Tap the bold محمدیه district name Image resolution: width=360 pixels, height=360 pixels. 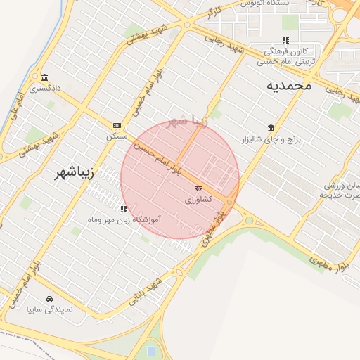pyautogui.click(x=288, y=85)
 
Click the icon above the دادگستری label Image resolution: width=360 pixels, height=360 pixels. pyautogui.click(x=45, y=77)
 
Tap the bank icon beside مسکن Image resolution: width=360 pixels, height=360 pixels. pyautogui.click(x=117, y=125)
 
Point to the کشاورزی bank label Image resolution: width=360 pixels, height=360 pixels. pyautogui.click(x=199, y=200)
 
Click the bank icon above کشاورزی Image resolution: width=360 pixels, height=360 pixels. pyautogui.click(x=199, y=188)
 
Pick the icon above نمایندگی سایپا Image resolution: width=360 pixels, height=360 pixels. pyautogui.click(x=49, y=297)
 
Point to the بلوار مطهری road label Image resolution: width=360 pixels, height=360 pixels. pyautogui.click(x=329, y=262)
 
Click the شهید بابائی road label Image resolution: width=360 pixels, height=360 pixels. pyautogui.click(x=144, y=293)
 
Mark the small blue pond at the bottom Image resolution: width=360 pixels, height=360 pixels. pyautogui.click(x=151, y=349)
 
